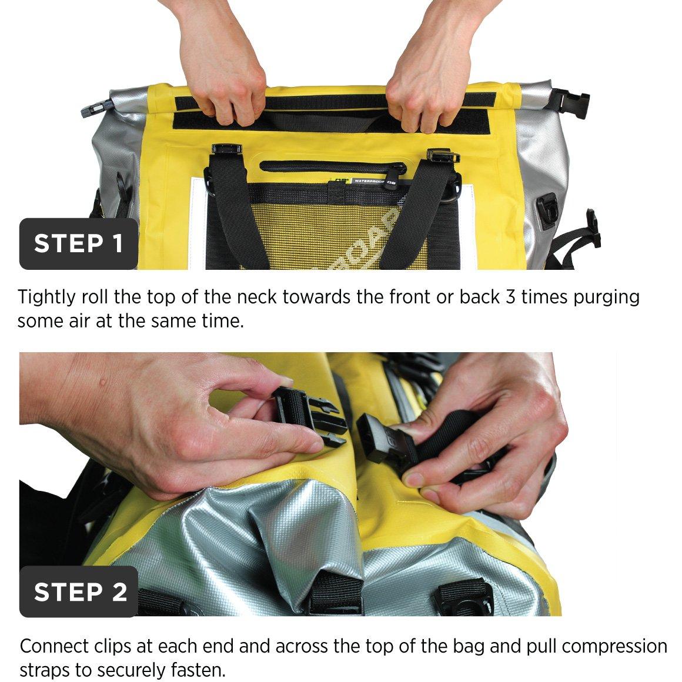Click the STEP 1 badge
click(79, 243)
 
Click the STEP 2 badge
click(79, 591)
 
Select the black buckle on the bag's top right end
click(571, 101)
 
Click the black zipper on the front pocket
click(333, 166)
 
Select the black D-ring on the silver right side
click(548, 211)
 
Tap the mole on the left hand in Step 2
click(103, 382)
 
